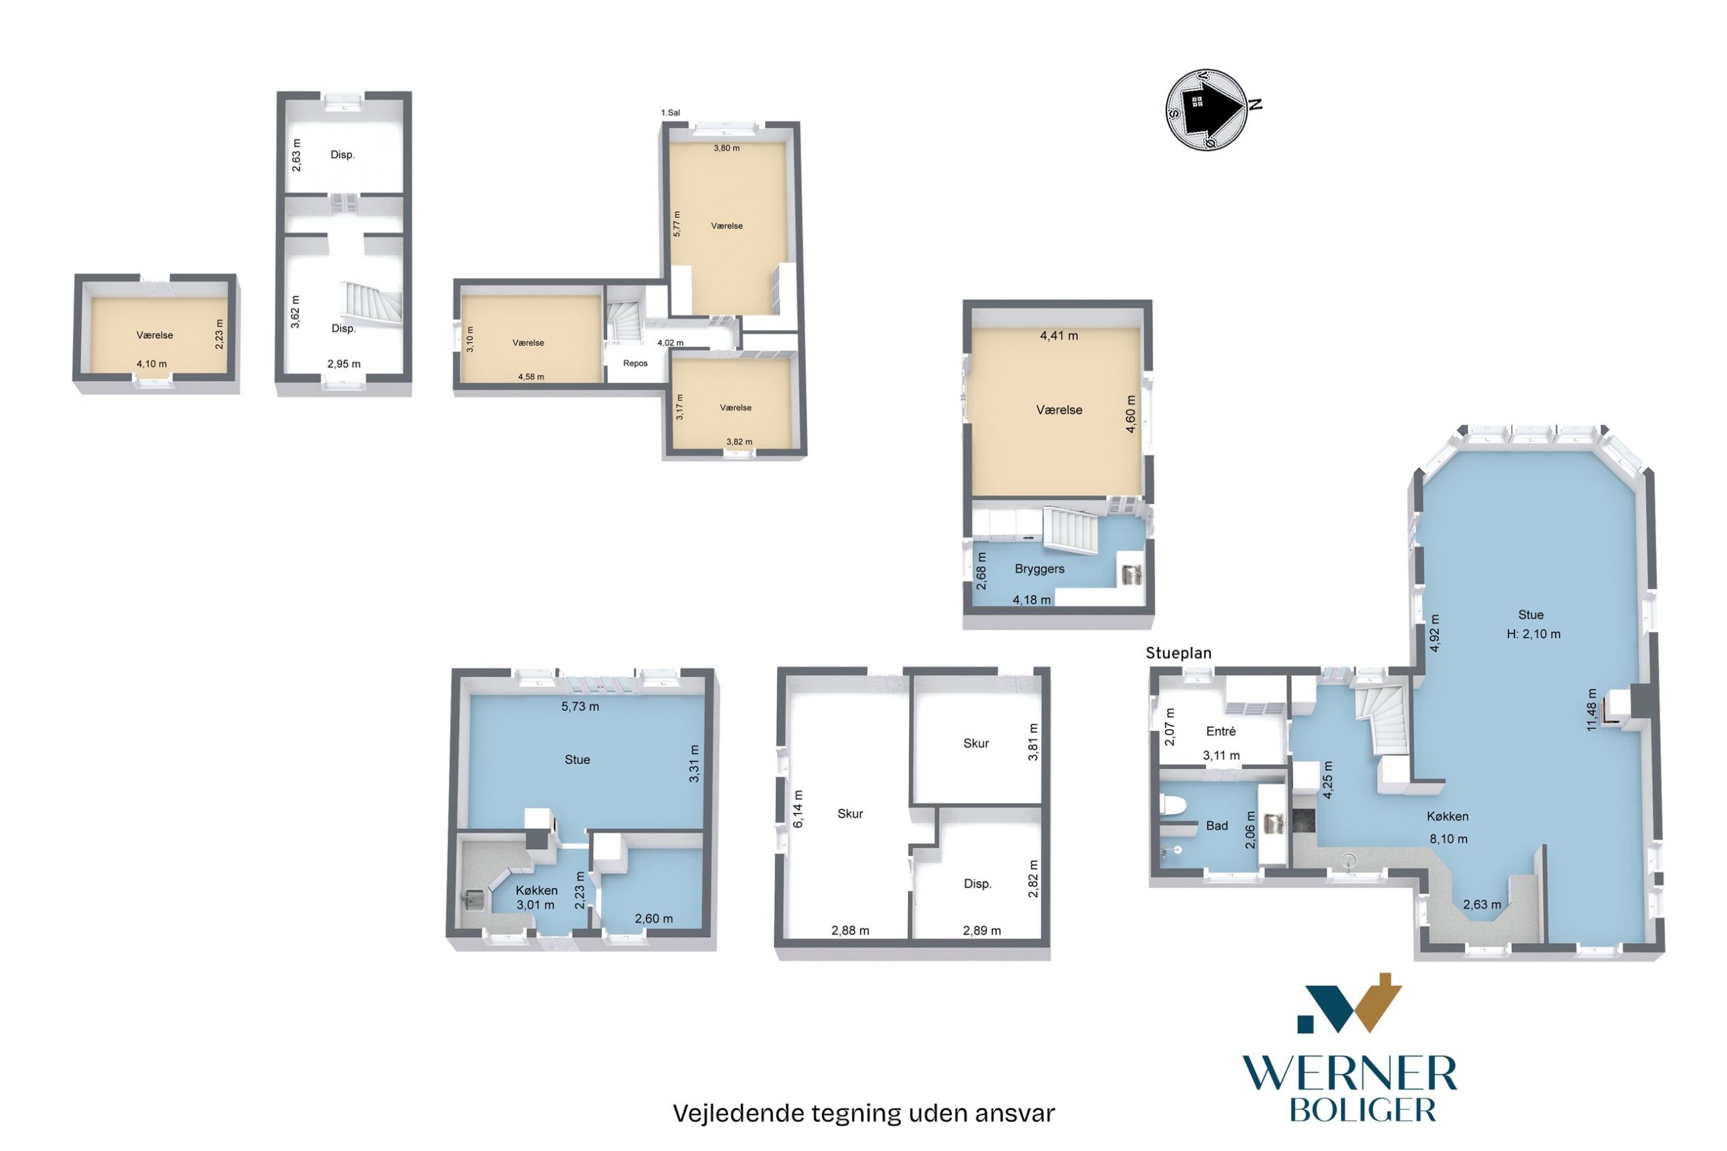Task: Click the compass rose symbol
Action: click(1207, 110)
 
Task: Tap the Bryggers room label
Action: click(1040, 569)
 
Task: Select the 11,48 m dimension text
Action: click(1591, 710)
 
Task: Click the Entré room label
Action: click(1220, 731)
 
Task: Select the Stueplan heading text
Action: click(1178, 653)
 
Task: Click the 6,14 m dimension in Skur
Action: click(799, 809)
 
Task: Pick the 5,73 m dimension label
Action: click(579, 707)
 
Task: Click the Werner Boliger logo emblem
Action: click(1349, 1003)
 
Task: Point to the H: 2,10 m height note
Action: click(1533, 634)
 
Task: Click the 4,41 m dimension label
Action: click(1058, 336)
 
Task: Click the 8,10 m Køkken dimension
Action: click(1448, 839)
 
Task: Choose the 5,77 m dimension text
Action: click(677, 223)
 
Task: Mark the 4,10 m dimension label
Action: click(151, 364)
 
